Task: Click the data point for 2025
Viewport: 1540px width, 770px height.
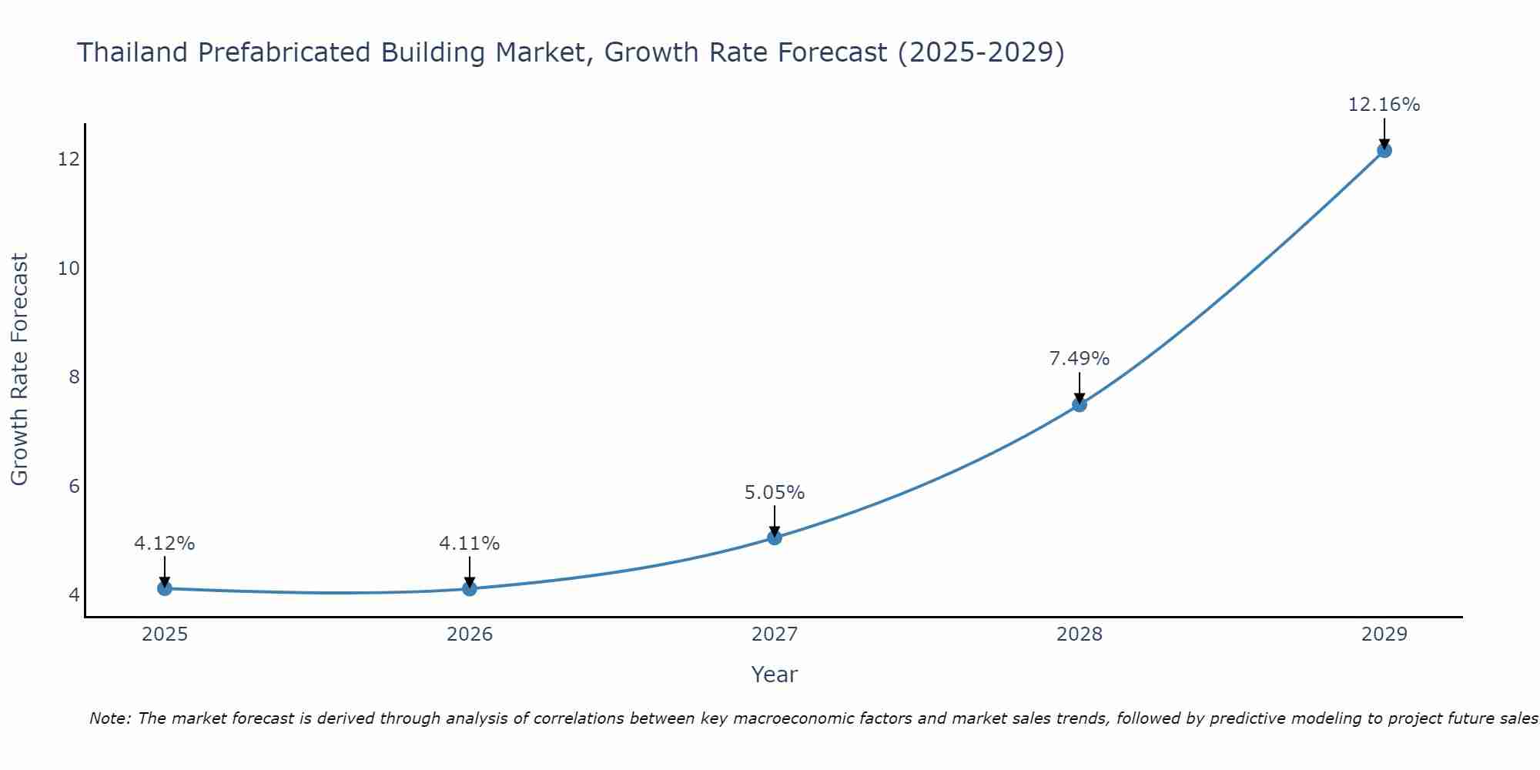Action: coord(164,588)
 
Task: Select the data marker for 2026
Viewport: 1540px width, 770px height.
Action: coord(470,588)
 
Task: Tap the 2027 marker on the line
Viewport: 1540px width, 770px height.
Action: coord(775,537)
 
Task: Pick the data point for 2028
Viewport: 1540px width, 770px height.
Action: coord(1080,404)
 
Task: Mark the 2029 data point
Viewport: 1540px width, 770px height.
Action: coord(1384,150)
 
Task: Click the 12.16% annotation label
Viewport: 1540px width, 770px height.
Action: coord(1384,105)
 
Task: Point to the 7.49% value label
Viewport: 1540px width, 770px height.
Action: coord(1080,359)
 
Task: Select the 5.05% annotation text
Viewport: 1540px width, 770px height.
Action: coord(775,493)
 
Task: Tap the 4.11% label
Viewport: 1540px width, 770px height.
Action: coord(470,544)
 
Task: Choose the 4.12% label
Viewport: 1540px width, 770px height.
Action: coord(164,544)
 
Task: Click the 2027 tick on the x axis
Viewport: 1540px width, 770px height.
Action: coord(775,634)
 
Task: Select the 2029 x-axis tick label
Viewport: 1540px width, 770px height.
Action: coord(1384,634)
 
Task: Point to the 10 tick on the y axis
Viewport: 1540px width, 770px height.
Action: coord(69,269)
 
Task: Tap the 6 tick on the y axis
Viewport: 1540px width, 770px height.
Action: coord(74,486)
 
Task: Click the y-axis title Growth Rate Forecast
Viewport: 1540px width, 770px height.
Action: coord(20,370)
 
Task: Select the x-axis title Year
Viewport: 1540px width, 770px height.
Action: coord(775,675)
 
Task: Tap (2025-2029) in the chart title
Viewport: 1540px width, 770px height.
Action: coord(981,52)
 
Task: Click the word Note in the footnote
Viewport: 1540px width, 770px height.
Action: coord(110,718)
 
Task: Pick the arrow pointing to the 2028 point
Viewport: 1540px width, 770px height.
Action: coord(1080,387)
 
